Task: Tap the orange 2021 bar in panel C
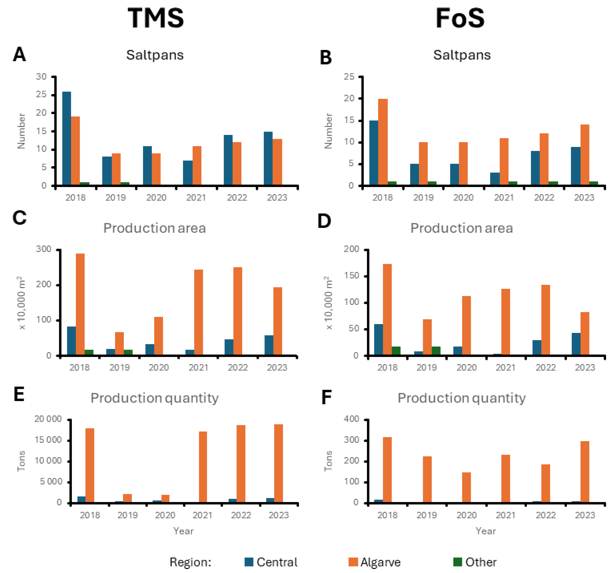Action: click(199, 312)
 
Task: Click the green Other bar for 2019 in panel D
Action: click(436, 351)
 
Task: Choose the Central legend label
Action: click(277, 562)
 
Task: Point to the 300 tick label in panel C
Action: click(44, 249)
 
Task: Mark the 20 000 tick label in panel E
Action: click(48, 419)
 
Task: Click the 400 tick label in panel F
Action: click(352, 419)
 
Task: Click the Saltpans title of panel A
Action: click(155, 55)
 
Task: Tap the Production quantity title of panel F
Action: click(462, 398)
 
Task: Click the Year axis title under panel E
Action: click(183, 531)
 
